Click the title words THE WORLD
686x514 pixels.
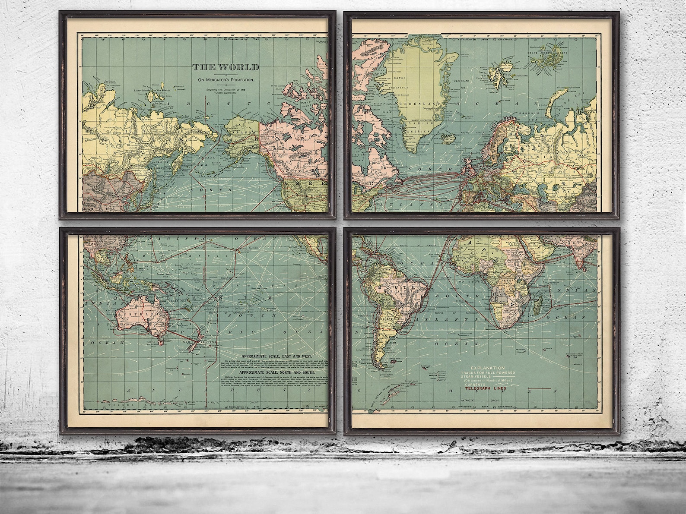[225, 67]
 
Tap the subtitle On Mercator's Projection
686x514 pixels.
[225, 80]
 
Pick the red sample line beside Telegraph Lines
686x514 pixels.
[539, 388]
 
